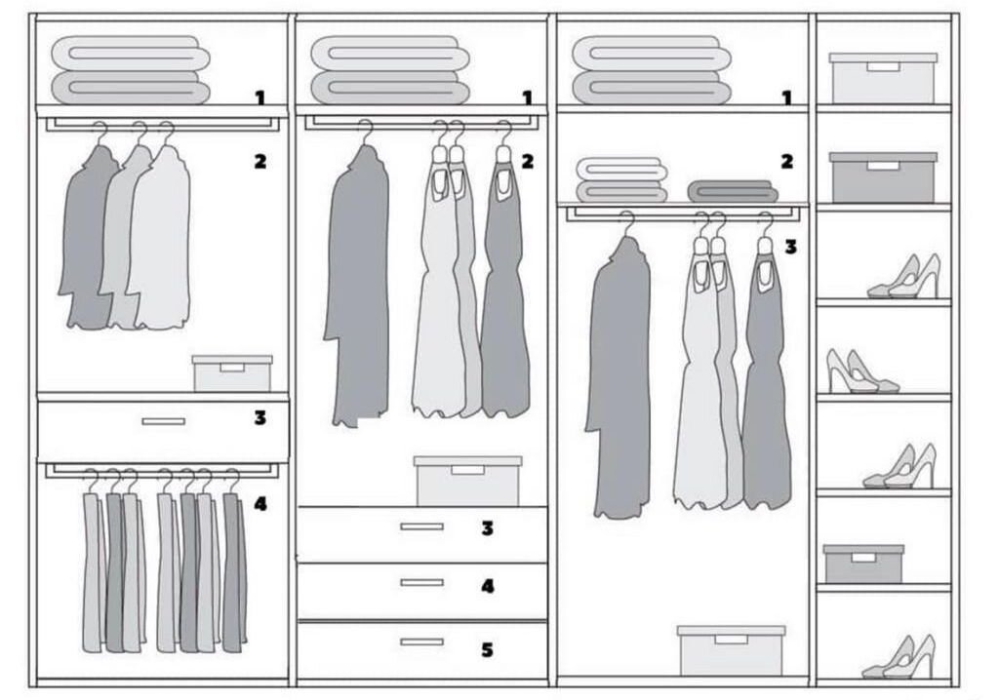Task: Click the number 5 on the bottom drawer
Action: click(x=487, y=649)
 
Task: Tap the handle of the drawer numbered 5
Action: click(x=421, y=642)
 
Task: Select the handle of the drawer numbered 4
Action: click(x=421, y=582)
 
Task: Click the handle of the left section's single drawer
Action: click(x=163, y=421)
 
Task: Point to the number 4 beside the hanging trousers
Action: click(x=260, y=504)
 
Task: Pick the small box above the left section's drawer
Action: click(x=232, y=373)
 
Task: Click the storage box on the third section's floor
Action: click(x=731, y=650)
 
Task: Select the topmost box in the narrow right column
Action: click(x=883, y=78)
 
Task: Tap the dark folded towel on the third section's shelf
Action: click(x=732, y=190)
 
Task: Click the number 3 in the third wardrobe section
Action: click(x=790, y=247)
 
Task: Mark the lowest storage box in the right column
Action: click(x=863, y=564)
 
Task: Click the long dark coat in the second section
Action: click(x=357, y=288)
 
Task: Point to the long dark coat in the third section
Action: click(x=619, y=380)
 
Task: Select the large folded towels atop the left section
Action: click(x=131, y=70)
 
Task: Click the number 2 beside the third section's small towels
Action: click(x=787, y=161)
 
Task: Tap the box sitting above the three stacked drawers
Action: click(x=467, y=481)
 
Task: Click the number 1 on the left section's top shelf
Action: click(x=260, y=97)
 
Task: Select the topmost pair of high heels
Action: click(x=905, y=278)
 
